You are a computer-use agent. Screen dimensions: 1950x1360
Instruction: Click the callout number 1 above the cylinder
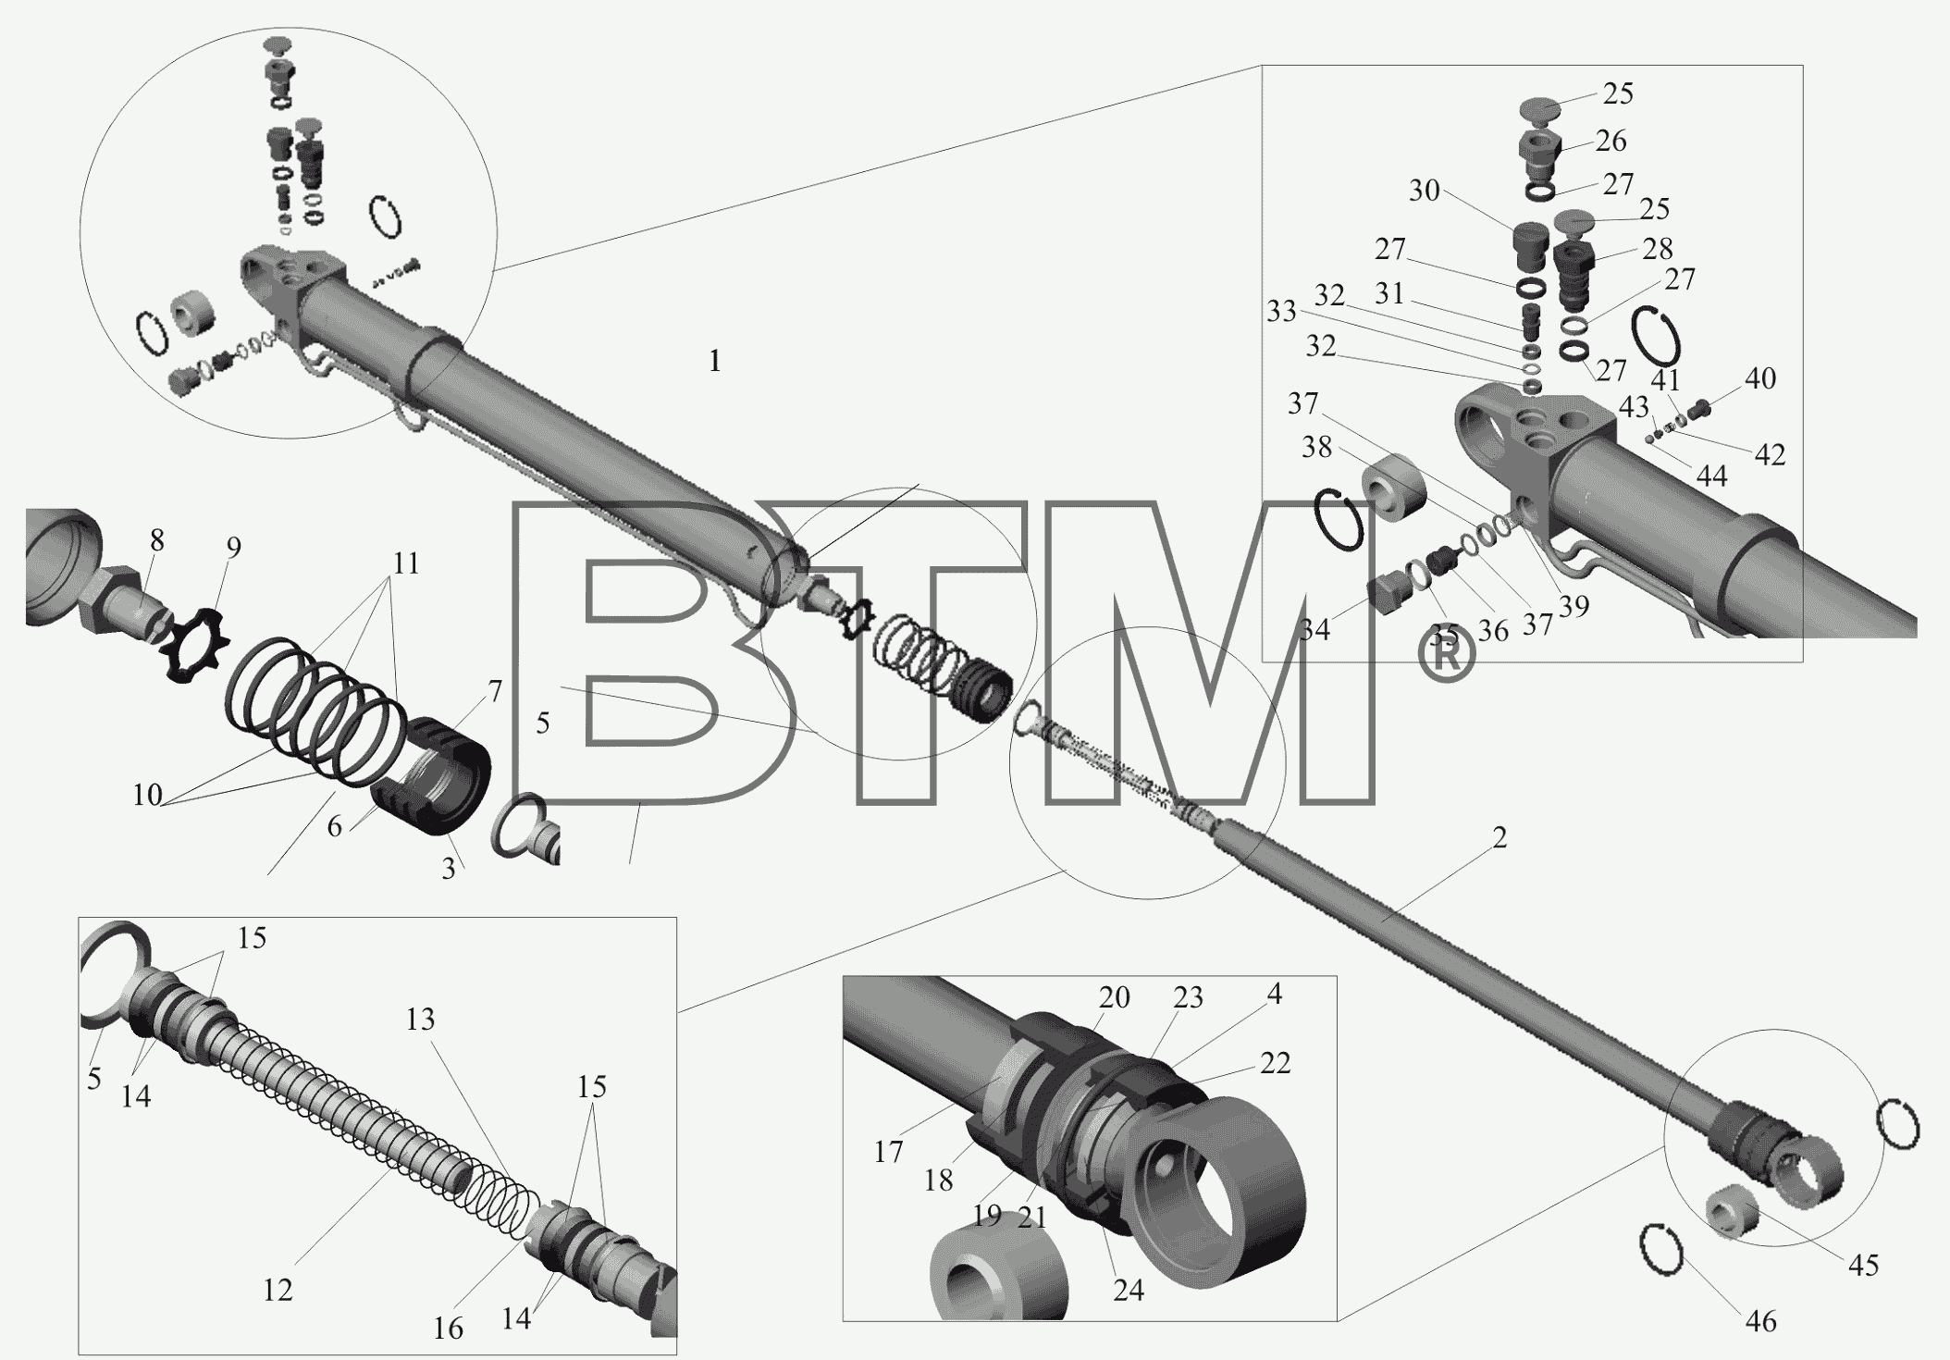(x=714, y=362)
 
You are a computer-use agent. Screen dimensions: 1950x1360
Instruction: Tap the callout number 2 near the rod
(x=1500, y=837)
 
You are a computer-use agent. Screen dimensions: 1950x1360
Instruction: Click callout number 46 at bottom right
(x=1760, y=1322)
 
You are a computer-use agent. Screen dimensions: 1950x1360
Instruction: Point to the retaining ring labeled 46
(x=1661, y=1250)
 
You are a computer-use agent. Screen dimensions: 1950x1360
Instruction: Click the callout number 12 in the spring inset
(x=278, y=1290)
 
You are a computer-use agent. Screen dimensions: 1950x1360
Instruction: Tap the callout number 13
(x=420, y=1020)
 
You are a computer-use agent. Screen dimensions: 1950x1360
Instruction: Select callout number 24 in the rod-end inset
(x=1128, y=1290)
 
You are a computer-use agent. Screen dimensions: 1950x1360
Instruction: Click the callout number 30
(x=1425, y=191)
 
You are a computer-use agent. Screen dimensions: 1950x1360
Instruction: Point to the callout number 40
(x=1760, y=377)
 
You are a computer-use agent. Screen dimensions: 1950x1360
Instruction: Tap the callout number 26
(x=1611, y=142)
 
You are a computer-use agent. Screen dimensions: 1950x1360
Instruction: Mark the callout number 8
(x=156, y=540)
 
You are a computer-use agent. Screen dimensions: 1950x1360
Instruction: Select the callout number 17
(x=888, y=1152)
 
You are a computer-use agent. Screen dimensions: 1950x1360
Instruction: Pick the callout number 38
(x=1316, y=447)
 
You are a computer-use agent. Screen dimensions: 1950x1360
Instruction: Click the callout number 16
(x=448, y=1329)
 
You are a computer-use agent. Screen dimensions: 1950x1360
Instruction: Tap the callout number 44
(x=1711, y=476)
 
